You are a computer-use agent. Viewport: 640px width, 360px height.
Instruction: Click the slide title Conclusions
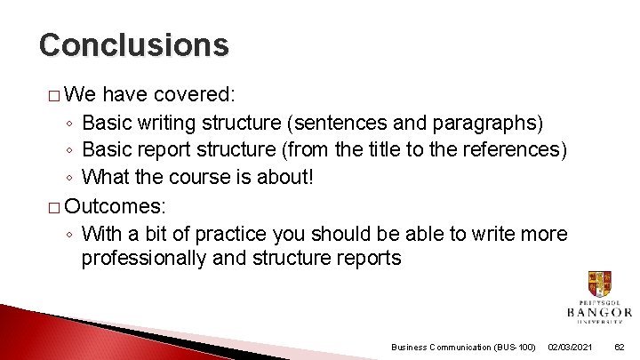click(x=133, y=44)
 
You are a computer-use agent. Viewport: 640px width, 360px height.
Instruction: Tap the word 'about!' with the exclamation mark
click(x=284, y=177)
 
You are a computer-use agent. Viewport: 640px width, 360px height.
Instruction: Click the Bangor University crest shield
click(x=599, y=285)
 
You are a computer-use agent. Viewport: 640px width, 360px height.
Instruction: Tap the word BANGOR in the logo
click(x=599, y=312)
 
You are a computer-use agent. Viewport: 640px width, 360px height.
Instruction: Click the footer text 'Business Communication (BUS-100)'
click(x=463, y=347)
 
